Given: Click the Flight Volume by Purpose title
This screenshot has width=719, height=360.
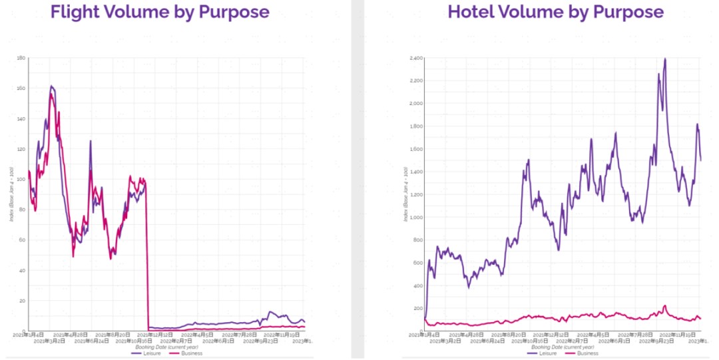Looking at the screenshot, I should point(160,12).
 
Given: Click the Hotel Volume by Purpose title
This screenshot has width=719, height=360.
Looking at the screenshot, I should point(556,12).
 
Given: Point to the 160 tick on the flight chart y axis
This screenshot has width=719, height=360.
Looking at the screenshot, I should point(21,89).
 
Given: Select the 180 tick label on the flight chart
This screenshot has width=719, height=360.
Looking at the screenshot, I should point(21,59).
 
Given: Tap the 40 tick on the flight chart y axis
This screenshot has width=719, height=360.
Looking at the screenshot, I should point(22,271).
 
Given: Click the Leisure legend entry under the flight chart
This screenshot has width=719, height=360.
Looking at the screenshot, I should point(146,353).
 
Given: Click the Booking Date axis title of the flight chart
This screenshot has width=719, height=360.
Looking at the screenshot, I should point(163,347).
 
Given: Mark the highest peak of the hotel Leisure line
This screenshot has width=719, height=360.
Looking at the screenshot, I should point(665,59).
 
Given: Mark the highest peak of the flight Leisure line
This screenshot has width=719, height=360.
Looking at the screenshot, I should point(51,86).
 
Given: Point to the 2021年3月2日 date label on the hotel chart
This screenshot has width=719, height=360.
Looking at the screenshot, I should point(445,341).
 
